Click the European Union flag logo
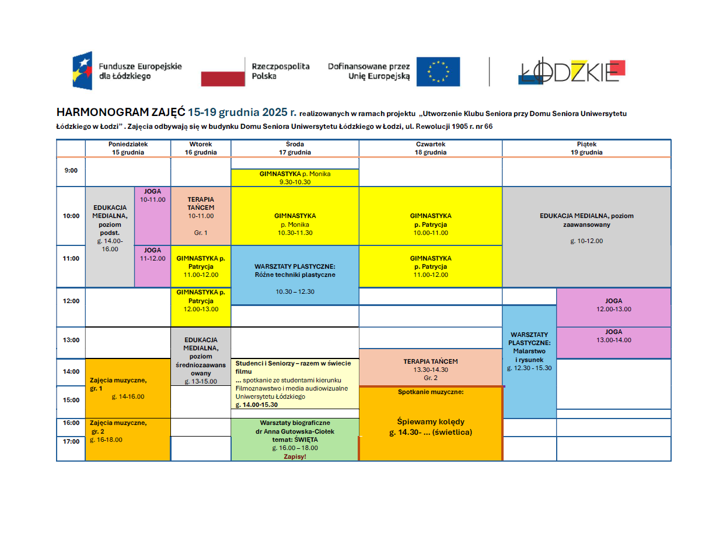pos(438,72)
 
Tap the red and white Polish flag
pos(223,72)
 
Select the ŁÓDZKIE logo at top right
pos(572,71)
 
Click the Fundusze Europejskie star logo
pos(82,71)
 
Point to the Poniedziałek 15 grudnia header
pos(128,148)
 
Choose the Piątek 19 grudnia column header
pos(586,148)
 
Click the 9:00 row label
pos(71,171)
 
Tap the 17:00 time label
pos(71,441)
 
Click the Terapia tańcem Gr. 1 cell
pos(201,215)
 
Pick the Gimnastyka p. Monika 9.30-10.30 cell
pos(295,177)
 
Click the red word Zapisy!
pos(295,456)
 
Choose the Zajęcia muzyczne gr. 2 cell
pos(128,438)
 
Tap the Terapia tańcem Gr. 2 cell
pos(431,369)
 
